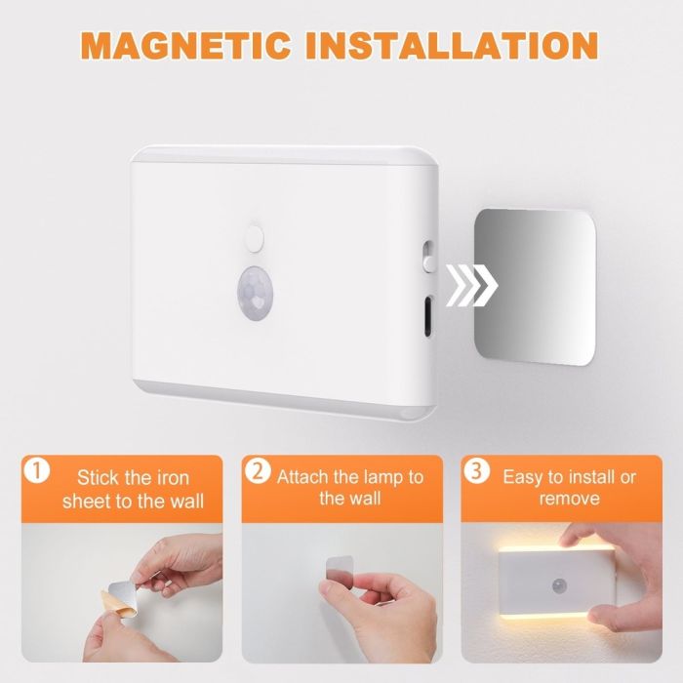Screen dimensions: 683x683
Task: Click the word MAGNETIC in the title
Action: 185,45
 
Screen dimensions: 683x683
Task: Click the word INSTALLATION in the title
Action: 452,45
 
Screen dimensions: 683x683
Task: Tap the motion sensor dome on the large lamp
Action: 256,293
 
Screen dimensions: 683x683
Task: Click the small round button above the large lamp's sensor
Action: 255,238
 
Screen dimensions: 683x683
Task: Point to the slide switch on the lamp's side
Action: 428,257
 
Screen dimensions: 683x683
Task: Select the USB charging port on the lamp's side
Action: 428,316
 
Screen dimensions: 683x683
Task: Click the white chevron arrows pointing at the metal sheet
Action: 471,285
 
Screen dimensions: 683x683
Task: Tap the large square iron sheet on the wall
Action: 534,287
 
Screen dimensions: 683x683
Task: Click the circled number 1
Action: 37,471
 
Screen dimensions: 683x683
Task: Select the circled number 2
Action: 258,471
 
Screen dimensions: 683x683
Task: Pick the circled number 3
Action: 476,471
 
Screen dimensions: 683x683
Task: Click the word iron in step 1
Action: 173,478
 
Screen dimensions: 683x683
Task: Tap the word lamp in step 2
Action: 382,478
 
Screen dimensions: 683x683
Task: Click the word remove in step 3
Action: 569,499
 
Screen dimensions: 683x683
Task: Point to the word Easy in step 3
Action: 522,478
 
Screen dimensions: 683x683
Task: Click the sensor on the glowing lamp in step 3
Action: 559,586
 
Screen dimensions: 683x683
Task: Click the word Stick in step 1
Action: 98,477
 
